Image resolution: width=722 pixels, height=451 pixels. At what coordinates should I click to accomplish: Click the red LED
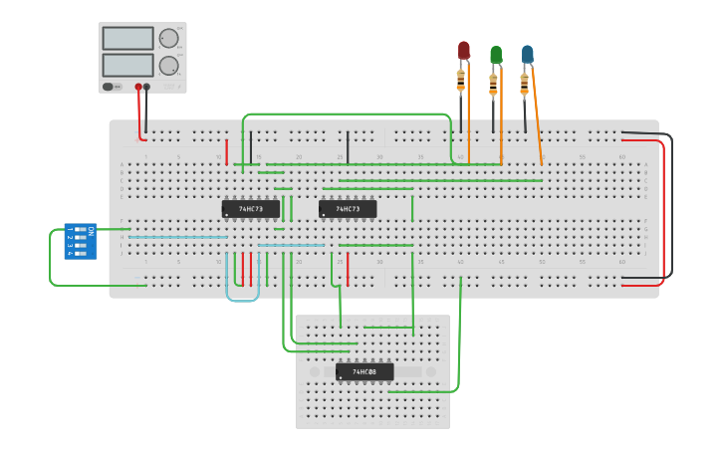[x=463, y=49]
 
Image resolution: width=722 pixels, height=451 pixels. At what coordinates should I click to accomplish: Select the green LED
[x=495, y=54]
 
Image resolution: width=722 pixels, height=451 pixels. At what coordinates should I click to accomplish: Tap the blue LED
[x=527, y=53]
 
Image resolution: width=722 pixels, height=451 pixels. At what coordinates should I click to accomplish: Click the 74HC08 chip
[x=364, y=371]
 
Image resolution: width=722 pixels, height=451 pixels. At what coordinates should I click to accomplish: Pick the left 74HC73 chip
[x=250, y=209]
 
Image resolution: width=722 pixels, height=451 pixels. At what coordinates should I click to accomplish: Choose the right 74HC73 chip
[x=348, y=209]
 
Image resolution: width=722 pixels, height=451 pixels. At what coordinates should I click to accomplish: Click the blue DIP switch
[x=81, y=241]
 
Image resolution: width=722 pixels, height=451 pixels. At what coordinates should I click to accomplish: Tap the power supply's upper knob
[x=168, y=39]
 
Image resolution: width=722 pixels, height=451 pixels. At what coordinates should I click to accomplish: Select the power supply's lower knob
[x=168, y=66]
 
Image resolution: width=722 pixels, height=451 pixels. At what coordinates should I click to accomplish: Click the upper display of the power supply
[x=127, y=38]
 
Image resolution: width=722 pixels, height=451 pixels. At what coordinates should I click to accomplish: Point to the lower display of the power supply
[x=127, y=65]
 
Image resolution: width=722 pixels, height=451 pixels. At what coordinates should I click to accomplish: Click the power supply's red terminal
[x=138, y=87]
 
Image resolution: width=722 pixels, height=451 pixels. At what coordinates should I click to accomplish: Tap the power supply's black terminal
[x=147, y=87]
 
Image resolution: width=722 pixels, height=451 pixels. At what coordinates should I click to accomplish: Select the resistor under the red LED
[x=462, y=76]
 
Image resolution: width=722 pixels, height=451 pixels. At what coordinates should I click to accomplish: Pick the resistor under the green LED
[x=494, y=81]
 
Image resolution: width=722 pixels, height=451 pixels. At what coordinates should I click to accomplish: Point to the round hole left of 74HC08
[x=315, y=371]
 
